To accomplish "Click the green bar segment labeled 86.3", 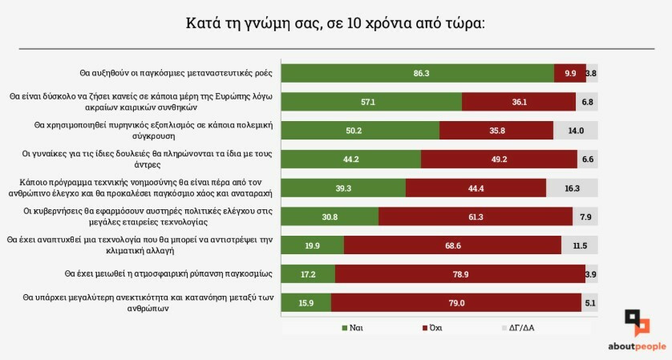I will coord(417,73).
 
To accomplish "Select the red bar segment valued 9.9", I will coord(570,73).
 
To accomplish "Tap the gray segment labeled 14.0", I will coord(576,131).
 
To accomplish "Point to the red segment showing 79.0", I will coord(455,302).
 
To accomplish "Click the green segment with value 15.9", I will coord(306,302).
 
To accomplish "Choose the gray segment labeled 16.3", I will coord(573,188).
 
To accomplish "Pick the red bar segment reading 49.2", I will coord(499,160).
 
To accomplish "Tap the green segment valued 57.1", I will coord(371,102).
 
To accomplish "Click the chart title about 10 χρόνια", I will coord(335,22).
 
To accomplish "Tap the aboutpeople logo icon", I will coord(637,323).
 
